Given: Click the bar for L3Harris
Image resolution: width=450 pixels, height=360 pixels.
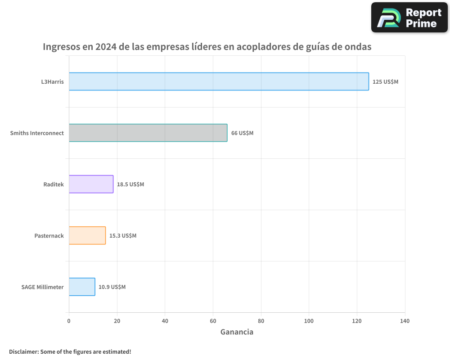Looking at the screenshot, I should (219, 81).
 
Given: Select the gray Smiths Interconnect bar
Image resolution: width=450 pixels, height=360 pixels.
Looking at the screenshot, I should (148, 133).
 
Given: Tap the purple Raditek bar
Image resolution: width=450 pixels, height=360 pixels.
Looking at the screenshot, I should (91, 184).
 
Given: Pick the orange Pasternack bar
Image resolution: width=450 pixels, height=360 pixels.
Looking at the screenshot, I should (87, 235).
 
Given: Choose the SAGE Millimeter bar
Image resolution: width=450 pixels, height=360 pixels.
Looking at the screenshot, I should (82, 287).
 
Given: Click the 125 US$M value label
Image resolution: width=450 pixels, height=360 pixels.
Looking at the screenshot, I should (385, 82).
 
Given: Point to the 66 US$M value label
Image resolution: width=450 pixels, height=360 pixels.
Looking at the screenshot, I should (242, 133).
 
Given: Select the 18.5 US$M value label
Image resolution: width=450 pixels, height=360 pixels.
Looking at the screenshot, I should (130, 184).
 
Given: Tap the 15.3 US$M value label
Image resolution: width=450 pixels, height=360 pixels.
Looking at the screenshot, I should (123, 236).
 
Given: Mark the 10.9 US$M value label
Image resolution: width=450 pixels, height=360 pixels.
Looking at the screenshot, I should (112, 287).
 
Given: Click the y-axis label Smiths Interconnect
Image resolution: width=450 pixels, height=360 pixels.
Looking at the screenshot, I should (37, 133).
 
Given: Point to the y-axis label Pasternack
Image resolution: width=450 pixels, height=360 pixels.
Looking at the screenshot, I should (49, 236).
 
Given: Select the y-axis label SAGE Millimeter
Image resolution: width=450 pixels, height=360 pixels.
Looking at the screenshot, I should (42, 287).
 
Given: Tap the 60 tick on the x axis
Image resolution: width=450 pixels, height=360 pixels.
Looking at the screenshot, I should (213, 321).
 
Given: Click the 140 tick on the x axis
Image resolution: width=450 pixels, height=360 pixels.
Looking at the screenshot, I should (405, 321).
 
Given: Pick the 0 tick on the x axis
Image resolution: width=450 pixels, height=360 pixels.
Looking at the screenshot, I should (69, 321).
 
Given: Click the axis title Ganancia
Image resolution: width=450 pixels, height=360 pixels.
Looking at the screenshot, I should (237, 332).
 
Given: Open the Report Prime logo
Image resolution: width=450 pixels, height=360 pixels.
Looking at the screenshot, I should (409, 18).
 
